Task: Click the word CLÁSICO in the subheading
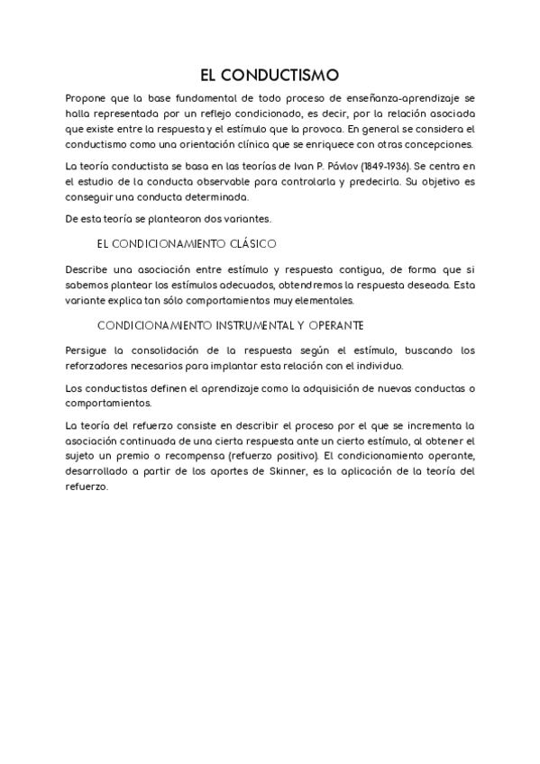245,244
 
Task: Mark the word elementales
324,300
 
